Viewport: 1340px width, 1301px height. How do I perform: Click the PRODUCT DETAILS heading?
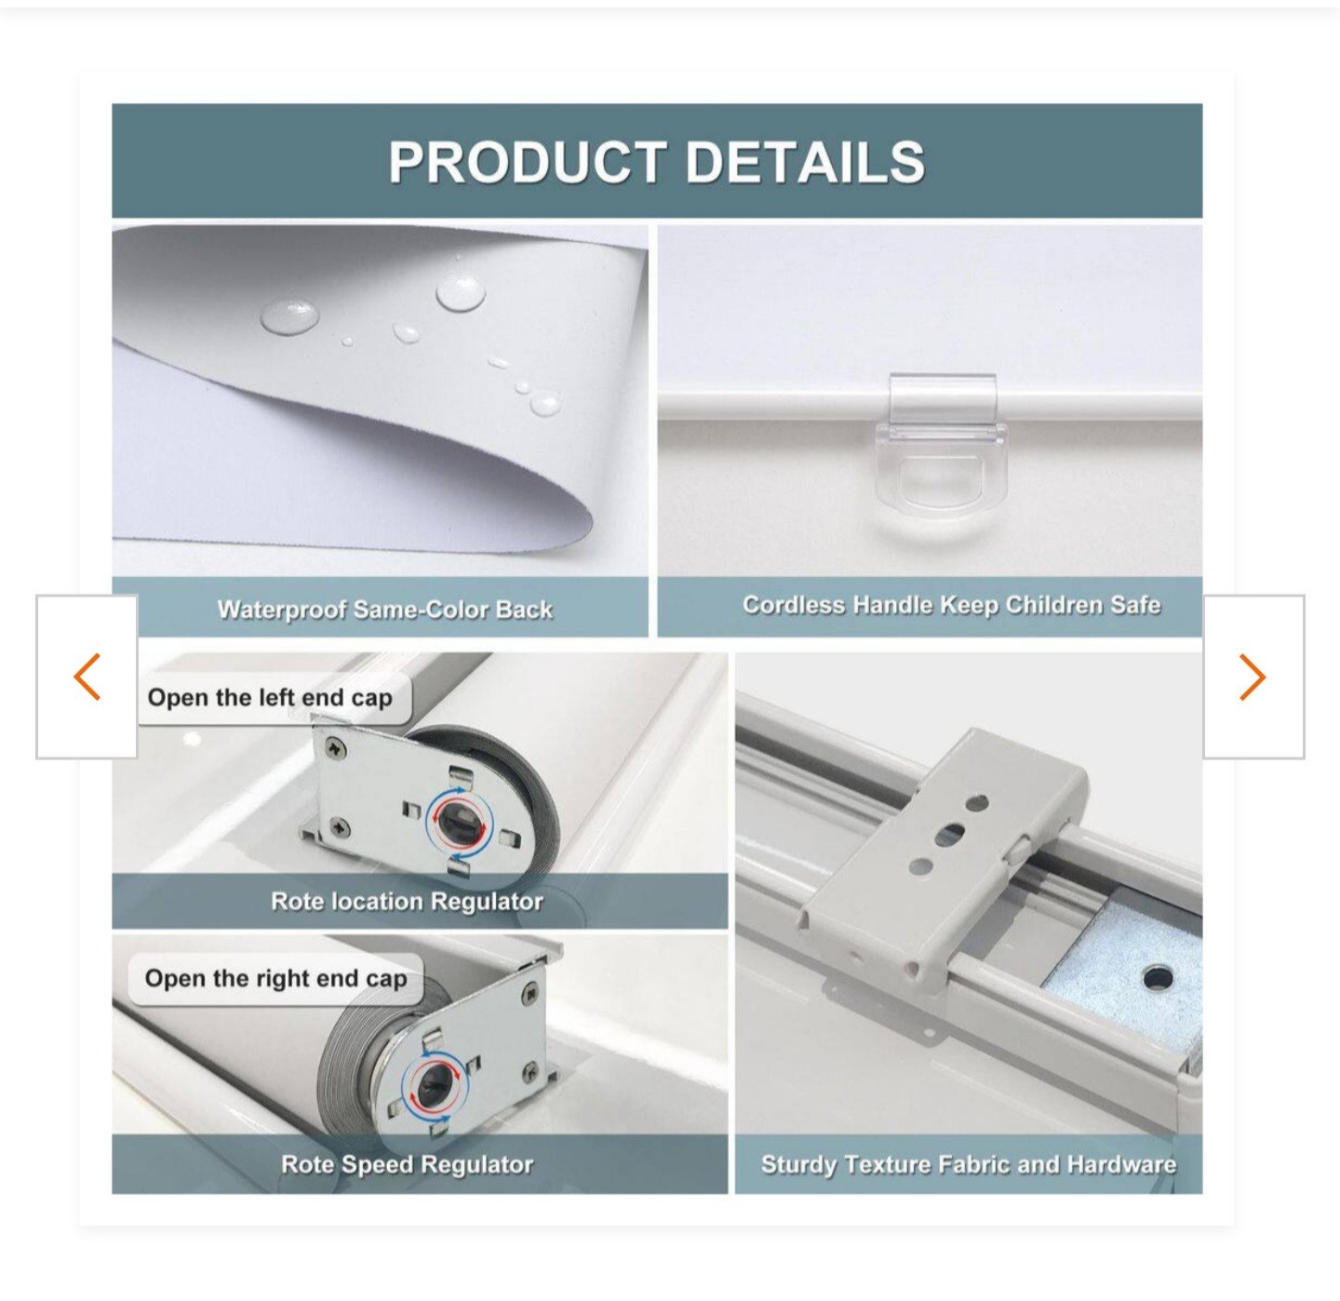click(x=656, y=162)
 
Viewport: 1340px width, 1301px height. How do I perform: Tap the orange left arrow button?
click(x=87, y=677)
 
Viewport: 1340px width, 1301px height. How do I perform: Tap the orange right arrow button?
click(x=1253, y=677)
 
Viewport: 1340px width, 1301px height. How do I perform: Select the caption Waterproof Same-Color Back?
click(x=385, y=610)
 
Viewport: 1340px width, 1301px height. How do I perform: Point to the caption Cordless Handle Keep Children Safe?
click(x=952, y=605)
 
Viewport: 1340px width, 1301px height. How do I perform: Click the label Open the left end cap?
click(x=270, y=698)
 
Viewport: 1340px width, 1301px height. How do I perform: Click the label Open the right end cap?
click(x=275, y=978)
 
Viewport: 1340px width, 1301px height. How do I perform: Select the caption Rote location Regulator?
click(x=407, y=901)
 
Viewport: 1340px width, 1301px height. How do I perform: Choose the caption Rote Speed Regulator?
click(x=407, y=1164)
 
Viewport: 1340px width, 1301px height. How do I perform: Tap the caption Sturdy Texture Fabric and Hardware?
click(x=968, y=1164)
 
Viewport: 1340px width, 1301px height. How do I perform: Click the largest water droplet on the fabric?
click(x=461, y=293)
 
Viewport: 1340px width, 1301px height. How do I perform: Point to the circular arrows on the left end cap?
click(x=457, y=820)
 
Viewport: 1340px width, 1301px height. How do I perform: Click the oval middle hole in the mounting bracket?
click(x=949, y=834)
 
